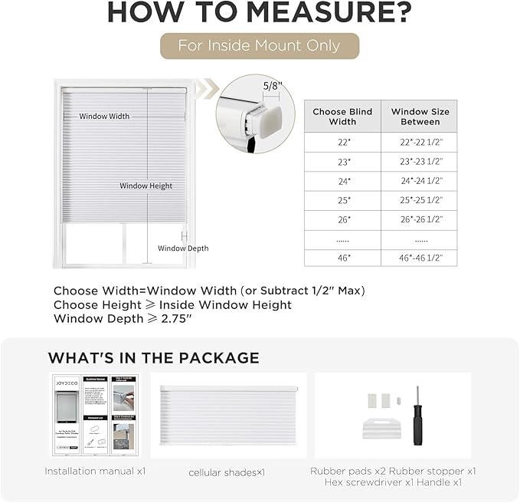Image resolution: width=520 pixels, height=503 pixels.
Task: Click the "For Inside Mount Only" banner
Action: click(x=259, y=45)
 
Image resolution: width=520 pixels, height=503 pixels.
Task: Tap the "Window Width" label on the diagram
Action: click(x=104, y=117)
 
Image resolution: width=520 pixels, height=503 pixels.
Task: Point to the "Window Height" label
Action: click(x=146, y=186)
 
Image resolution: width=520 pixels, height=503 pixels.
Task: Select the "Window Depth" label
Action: click(x=183, y=248)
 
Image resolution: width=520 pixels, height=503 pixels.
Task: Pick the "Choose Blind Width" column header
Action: click(x=342, y=117)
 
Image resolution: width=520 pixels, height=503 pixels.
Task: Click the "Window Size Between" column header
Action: click(x=420, y=117)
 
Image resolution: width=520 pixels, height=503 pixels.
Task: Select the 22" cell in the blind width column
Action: click(x=342, y=143)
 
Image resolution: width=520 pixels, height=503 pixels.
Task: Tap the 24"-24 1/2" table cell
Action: click(x=420, y=181)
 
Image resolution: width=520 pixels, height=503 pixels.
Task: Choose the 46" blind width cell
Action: click(x=342, y=258)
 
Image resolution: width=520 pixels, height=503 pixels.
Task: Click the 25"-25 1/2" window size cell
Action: click(x=420, y=200)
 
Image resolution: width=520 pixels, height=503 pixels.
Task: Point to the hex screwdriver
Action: click(x=418, y=415)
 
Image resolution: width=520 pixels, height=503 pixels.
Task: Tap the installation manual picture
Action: click(x=95, y=416)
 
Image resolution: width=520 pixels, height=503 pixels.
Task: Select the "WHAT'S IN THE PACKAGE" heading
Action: click(x=153, y=358)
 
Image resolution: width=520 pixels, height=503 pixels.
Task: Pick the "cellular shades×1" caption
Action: click(x=227, y=472)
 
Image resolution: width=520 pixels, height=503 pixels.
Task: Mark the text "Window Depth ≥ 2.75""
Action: click(x=122, y=318)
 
